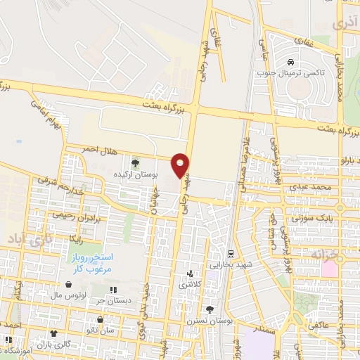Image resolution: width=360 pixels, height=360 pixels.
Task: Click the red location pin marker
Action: (x=181, y=165)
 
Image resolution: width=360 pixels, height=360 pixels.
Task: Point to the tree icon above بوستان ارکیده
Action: (x=135, y=162)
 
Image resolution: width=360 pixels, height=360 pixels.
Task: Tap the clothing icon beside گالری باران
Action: (x=53, y=334)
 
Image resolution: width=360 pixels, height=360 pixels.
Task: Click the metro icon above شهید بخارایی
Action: (x=231, y=253)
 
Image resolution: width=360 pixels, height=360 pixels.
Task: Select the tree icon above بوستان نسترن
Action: (x=209, y=309)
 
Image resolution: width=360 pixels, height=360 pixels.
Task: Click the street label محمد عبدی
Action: (x=312, y=188)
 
